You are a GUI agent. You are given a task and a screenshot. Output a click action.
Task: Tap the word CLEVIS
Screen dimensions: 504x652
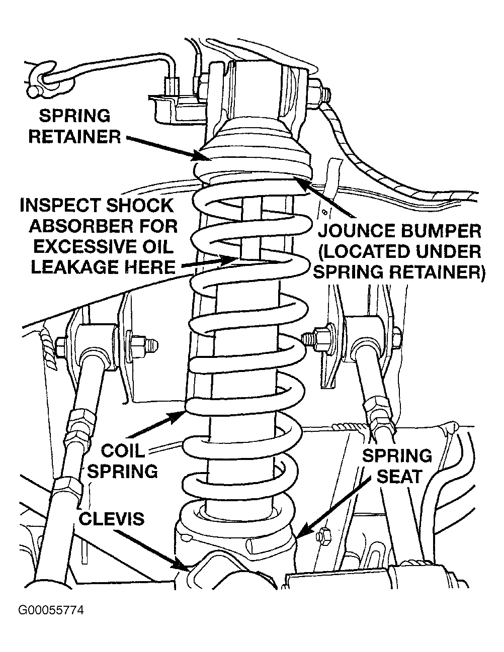click(111, 518)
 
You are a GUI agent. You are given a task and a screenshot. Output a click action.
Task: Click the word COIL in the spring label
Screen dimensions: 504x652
click(123, 450)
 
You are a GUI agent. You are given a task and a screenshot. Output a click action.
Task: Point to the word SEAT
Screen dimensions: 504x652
click(399, 476)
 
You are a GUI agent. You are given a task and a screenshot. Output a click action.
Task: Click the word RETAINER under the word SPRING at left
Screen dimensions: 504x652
click(75, 136)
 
